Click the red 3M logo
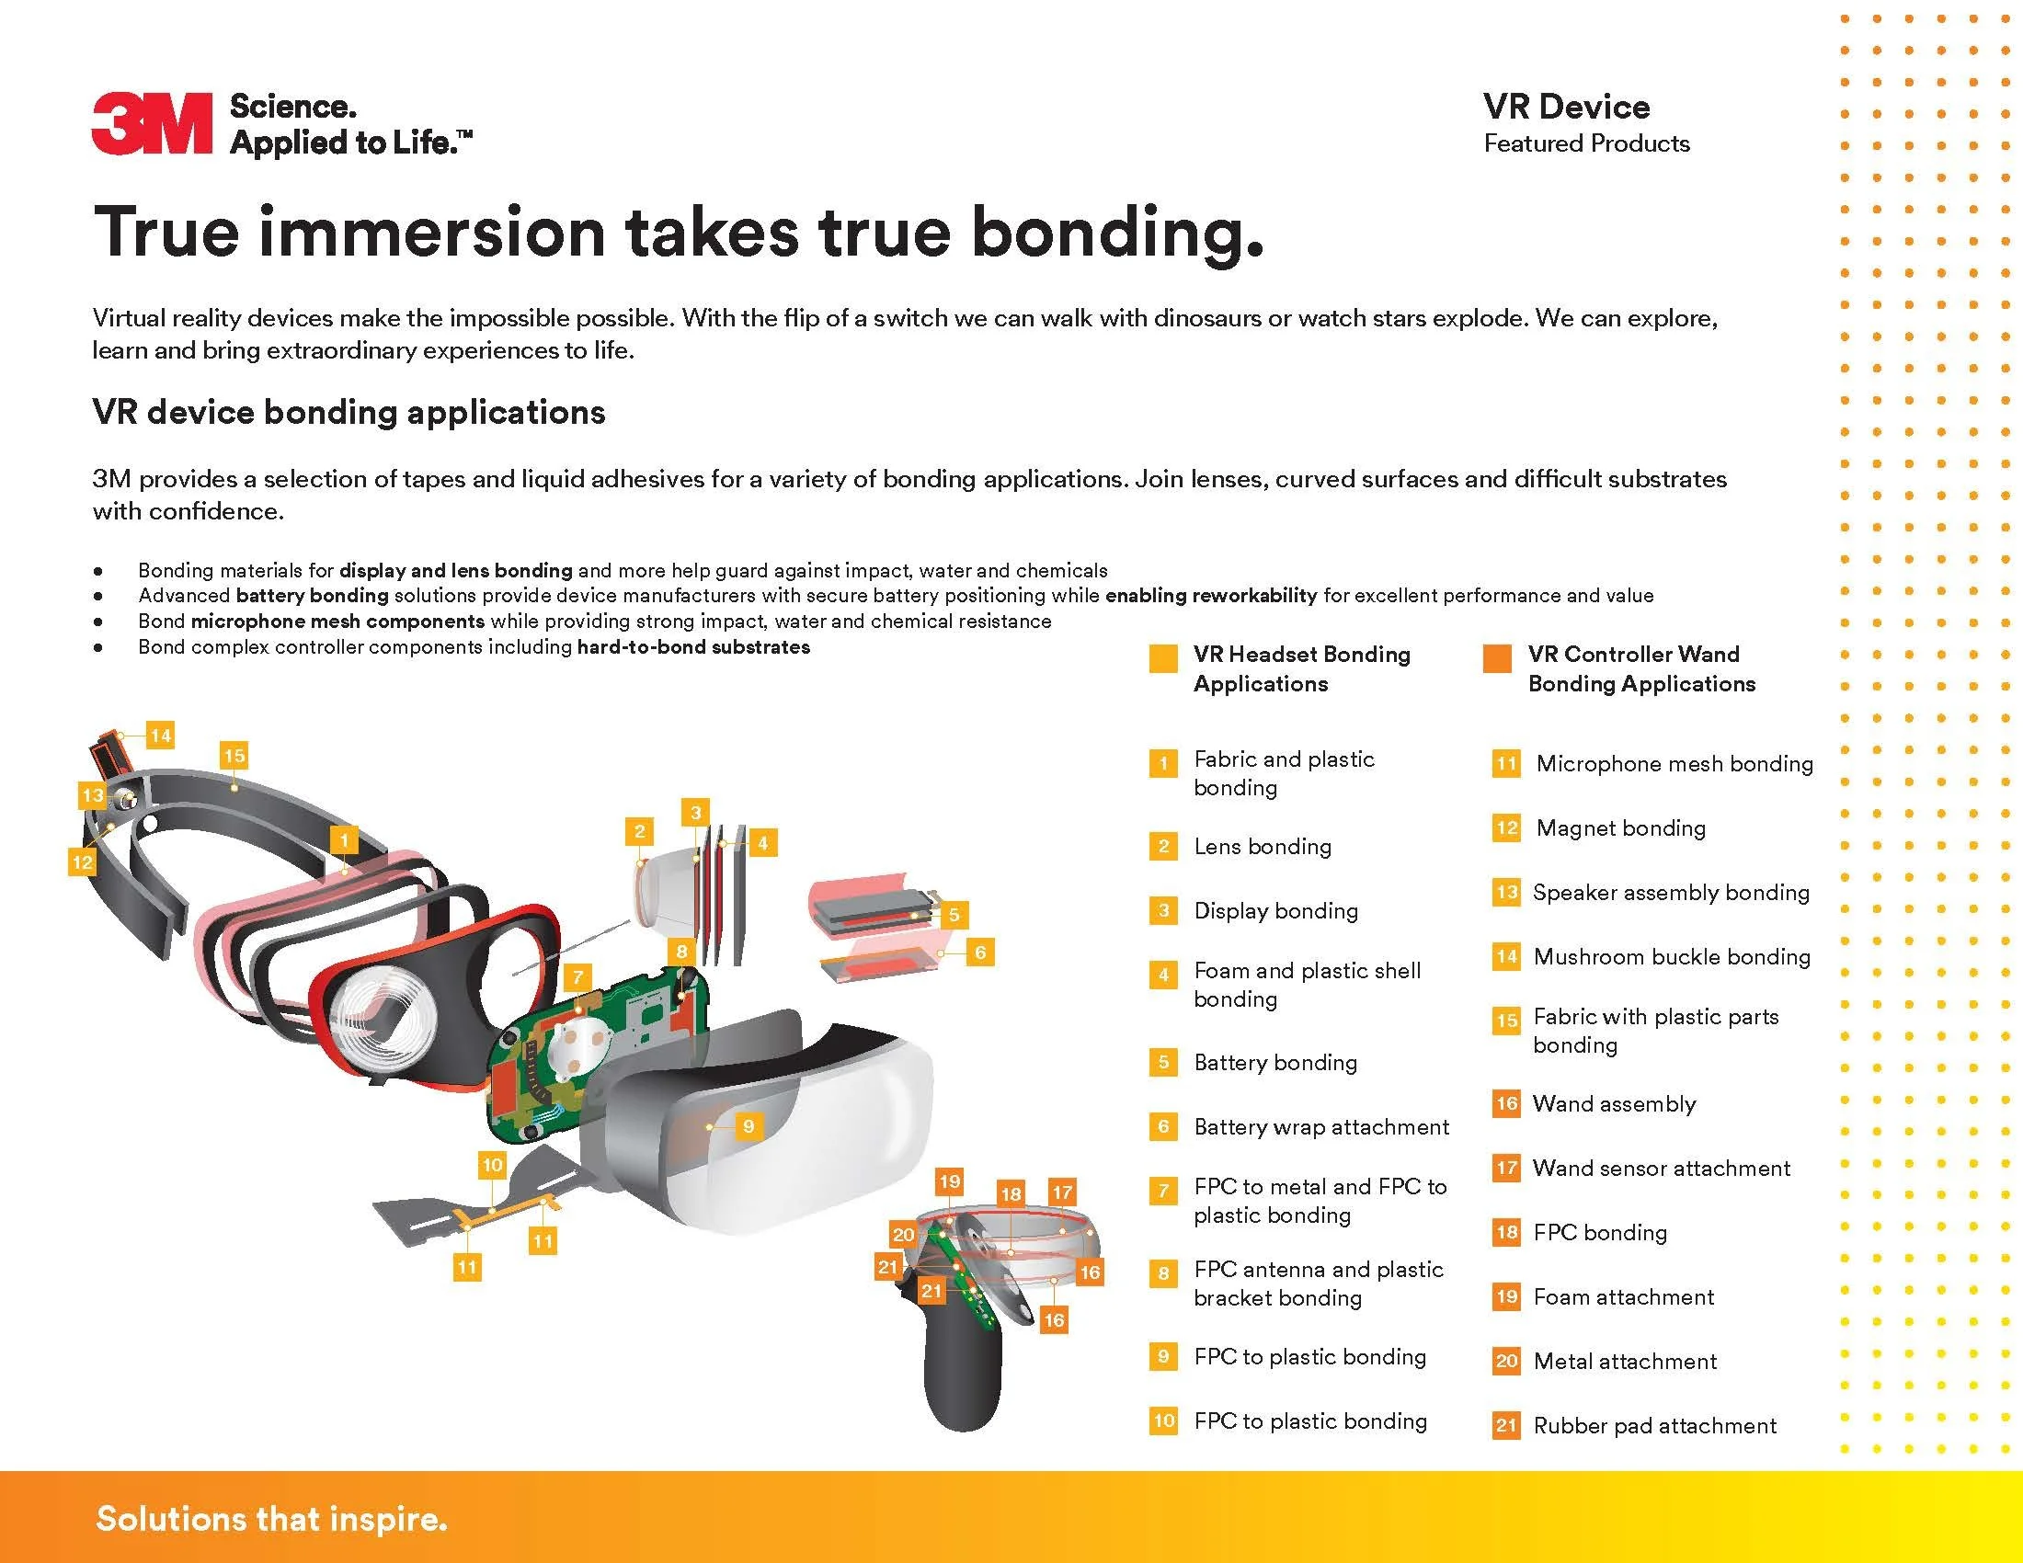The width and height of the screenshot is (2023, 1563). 152,123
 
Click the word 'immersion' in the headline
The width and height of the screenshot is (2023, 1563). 431,232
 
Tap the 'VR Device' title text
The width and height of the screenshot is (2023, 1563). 1565,108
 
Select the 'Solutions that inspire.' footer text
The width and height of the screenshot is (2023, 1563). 271,1519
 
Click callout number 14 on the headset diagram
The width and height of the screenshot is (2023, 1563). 160,736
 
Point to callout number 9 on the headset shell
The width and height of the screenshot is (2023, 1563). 749,1126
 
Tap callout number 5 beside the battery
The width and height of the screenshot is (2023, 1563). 954,915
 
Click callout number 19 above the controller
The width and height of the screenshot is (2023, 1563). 950,1181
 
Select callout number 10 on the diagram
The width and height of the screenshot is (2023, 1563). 492,1165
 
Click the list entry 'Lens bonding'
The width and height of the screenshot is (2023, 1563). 1263,846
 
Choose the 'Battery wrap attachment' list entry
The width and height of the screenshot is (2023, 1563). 1320,1127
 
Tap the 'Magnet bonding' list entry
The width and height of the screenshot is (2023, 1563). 1620,827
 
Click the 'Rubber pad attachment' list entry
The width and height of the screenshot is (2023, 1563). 1654,1425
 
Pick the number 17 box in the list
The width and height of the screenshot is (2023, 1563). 1506,1169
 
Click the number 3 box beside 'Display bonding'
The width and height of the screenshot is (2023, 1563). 1163,910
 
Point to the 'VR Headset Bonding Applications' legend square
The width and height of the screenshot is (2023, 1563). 1163,658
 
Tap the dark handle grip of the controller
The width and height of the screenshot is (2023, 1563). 964,1380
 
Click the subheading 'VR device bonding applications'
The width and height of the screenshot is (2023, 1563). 349,412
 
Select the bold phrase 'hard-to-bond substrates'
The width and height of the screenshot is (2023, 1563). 692,647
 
